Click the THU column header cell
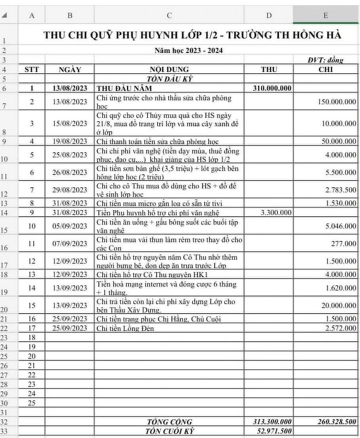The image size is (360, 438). click(269, 69)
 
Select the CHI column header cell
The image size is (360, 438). click(325, 69)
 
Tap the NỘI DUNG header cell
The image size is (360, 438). click(169, 70)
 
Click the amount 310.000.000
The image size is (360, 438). click(272, 88)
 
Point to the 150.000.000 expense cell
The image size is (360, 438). click(337, 102)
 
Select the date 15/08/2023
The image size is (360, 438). click(70, 124)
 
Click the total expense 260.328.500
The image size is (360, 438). click(337, 421)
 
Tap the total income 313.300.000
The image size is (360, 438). click(272, 421)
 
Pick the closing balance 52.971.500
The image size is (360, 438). click(272, 431)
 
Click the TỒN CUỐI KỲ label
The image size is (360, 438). click(170, 431)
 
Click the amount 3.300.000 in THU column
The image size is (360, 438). click(276, 212)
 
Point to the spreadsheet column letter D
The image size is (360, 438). click(269, 15)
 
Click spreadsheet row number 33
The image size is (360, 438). click(4, 431)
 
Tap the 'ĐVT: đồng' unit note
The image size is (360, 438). click(325, 60)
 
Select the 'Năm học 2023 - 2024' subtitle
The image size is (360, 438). click(188, 50)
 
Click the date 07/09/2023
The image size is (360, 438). click(70, 244)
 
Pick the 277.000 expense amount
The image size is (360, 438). click(343, 244)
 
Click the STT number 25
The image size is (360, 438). click(32, 403)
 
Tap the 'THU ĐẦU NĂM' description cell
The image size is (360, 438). click(124, 88)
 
